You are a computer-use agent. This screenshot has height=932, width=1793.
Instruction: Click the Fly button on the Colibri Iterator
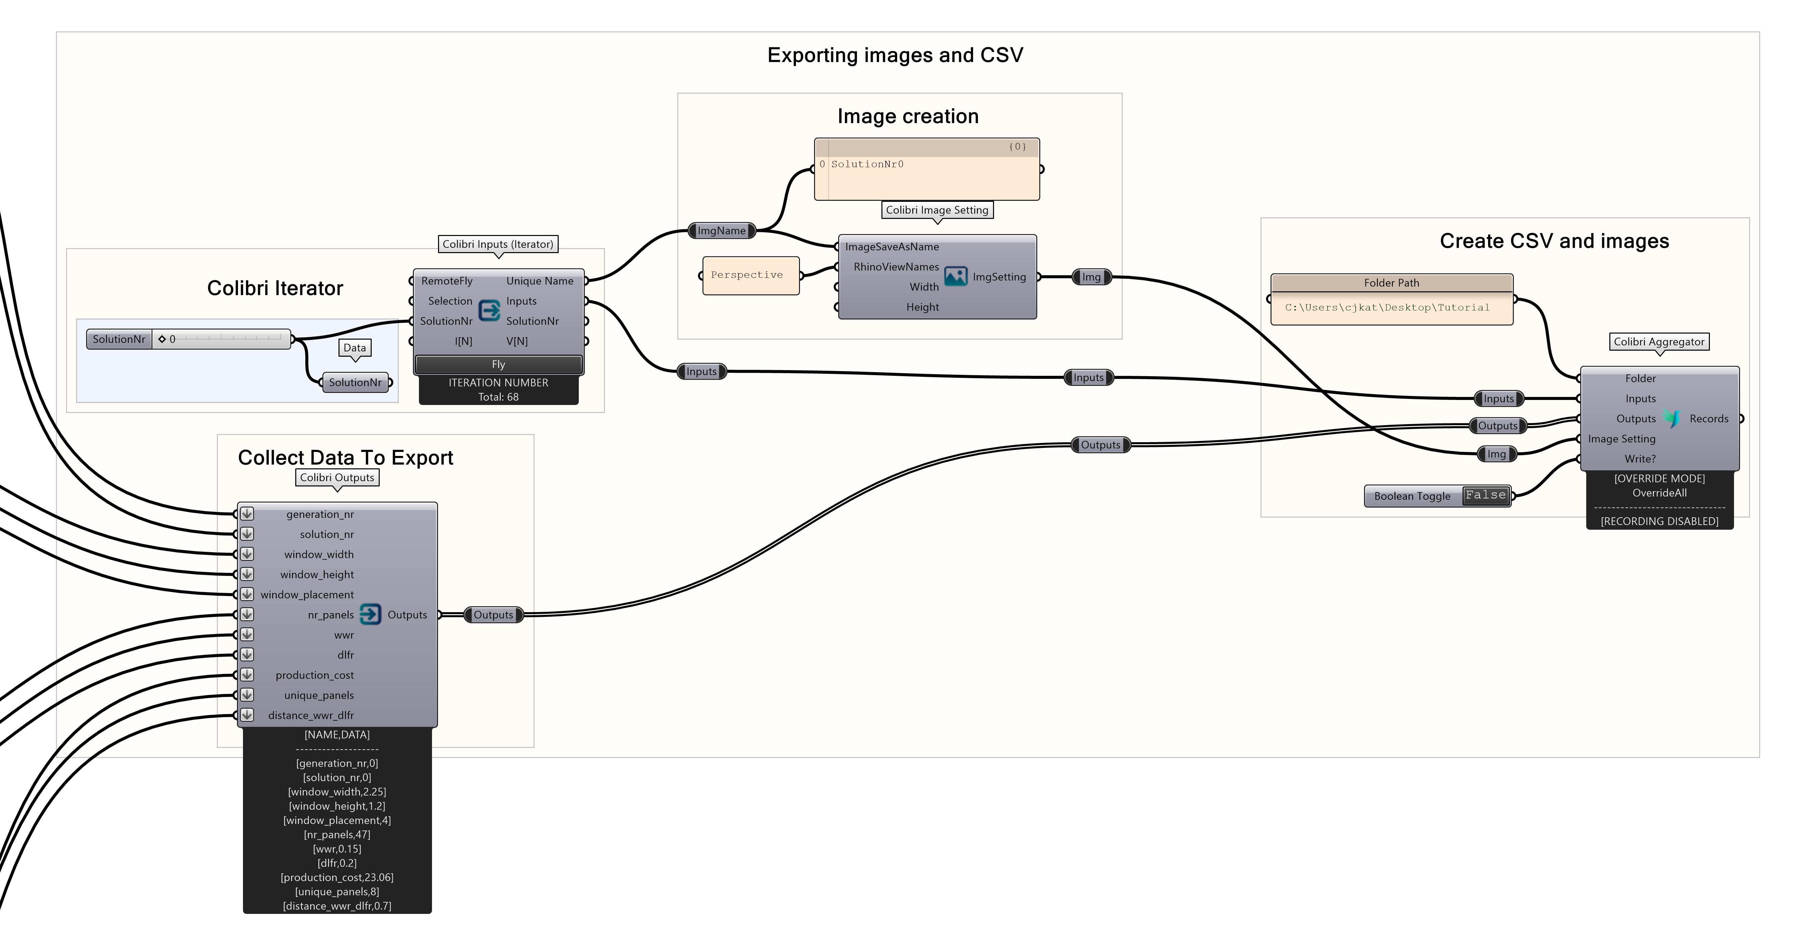coord(498,364)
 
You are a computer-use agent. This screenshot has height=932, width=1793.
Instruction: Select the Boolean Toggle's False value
coord(1485,495)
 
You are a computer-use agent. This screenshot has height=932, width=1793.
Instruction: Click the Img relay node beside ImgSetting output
coord(1091,277)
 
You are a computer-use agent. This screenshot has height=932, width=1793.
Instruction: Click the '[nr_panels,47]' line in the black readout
coord(337,834)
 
